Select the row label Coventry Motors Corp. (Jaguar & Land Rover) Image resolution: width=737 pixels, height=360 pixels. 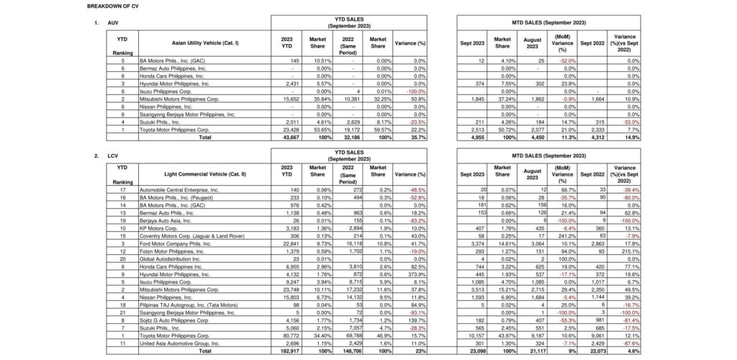[191, 235]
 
